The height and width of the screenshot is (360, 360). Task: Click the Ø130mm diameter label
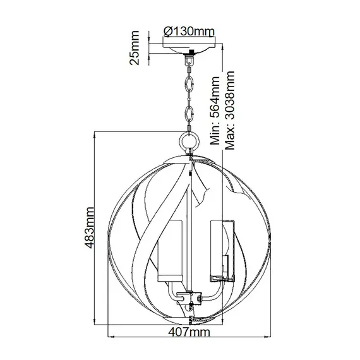tap(189, 32)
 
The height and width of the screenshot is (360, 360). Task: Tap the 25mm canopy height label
tap(135, 48)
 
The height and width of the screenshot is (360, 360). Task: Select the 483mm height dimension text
tap(89, 227)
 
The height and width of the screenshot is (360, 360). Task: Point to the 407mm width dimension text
tap(189, 332)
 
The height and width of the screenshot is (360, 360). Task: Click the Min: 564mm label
tap(215, 111)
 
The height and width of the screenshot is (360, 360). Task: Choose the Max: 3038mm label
tap(230, 111)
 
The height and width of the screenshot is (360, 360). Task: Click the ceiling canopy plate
tap(189, 48)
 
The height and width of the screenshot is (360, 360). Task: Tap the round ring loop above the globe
tap(189, 140)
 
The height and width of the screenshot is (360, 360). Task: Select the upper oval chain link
tap(189, 85)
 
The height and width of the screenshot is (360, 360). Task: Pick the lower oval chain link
tap(189, 114)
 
